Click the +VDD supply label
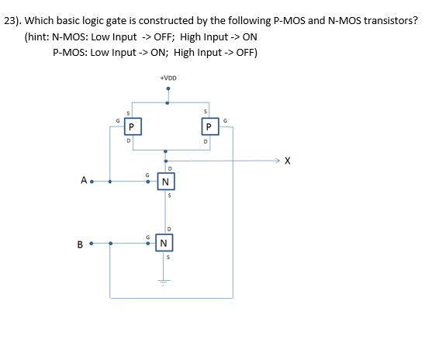(168, 78)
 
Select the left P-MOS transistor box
(132, 125)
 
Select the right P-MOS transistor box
(207, 125)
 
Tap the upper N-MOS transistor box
(165, 183)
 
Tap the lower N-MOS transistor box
(164, 244)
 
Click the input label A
(83, 182)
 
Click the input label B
(80, 244)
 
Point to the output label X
(288, 161)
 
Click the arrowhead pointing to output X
(276, 161)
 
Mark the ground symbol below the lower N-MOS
(164, 282)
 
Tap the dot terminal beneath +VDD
(168, 88)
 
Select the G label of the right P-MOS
(225, 119)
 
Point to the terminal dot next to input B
(91, 244)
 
